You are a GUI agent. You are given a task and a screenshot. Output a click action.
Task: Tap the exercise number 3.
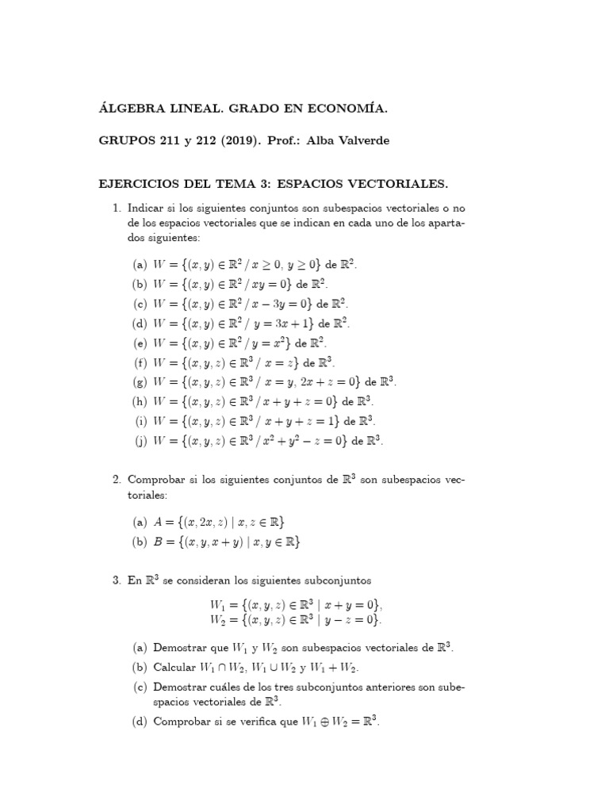(116, 581)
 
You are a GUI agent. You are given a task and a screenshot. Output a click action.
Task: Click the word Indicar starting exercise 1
(148, 209)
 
